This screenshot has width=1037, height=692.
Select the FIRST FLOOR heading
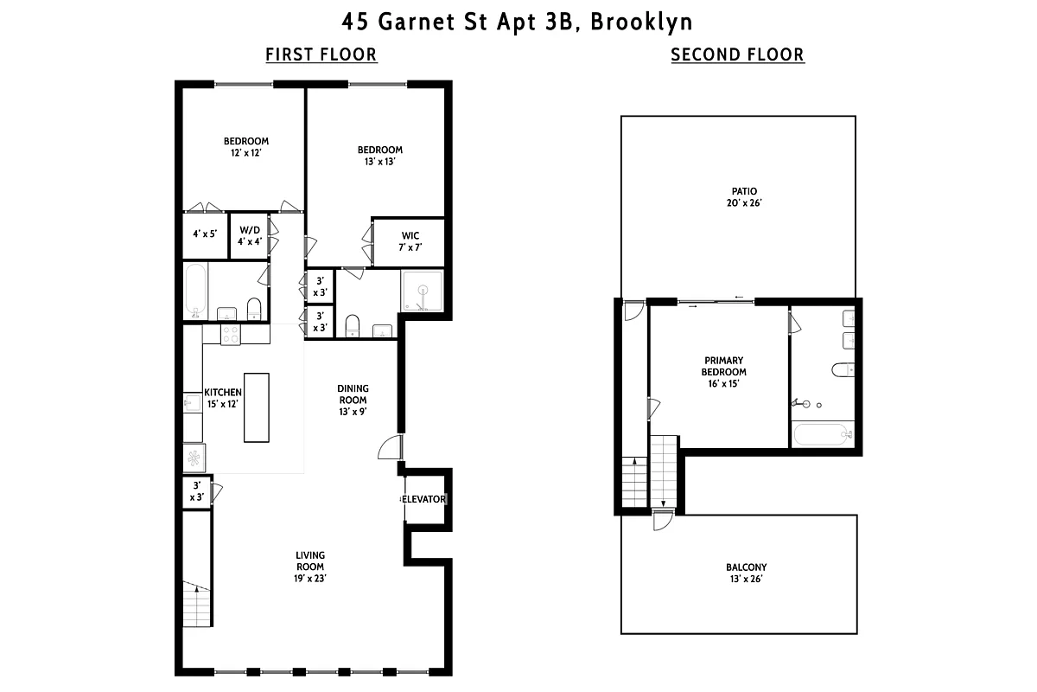321,55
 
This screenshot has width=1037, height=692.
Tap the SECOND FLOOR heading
737,55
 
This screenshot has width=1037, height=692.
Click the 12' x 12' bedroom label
246,147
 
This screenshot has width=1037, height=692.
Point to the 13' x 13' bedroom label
380,155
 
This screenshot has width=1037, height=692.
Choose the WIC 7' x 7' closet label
410,241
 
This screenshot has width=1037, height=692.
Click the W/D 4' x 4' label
250,235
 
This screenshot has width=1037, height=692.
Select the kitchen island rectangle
257,407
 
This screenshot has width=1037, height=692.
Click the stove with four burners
232,334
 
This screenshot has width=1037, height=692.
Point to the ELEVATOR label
424,500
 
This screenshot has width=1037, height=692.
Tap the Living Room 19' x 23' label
310,567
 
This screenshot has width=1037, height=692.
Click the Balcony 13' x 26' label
745,573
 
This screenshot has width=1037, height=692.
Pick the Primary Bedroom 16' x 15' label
723,371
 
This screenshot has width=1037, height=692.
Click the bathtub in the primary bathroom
824,433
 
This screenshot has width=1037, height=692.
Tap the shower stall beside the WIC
422,291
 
